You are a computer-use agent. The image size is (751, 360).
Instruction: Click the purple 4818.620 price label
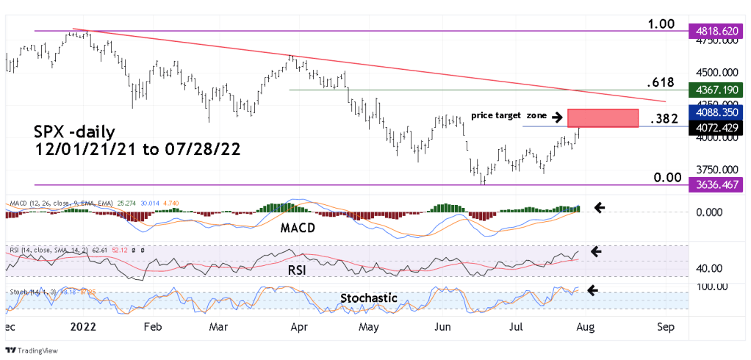717,32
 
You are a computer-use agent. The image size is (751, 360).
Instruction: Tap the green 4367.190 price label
717,90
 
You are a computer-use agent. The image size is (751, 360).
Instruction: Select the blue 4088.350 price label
717,112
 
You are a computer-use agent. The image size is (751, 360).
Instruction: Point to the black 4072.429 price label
717,127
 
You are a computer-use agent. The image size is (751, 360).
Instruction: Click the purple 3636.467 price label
717,184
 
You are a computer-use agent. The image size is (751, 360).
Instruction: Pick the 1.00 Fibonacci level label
661,24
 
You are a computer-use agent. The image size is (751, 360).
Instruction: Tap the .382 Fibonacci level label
663,118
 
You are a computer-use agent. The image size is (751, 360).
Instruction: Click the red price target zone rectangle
602,118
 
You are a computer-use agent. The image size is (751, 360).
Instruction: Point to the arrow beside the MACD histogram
600,208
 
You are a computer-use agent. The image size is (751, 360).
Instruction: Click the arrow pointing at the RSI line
596,252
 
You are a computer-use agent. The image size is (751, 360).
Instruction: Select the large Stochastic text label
370,298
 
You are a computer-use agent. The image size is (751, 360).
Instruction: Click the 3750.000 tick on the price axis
716,168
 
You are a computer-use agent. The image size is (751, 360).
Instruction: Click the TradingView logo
26,350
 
